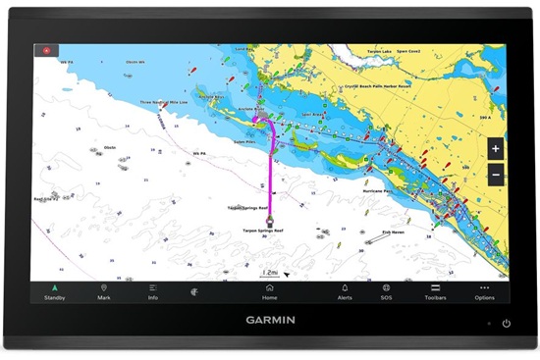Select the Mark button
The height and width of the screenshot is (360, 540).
pos(103,291)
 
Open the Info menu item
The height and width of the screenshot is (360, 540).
pos(153,291)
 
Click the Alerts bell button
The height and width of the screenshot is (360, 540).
pos(345,291)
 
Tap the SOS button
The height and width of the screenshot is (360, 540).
pos(387,291)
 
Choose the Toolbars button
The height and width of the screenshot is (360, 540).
pos(435,291)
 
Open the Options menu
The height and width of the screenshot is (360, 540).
pos(484,291)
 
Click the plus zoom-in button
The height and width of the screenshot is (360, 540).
pos(495,149)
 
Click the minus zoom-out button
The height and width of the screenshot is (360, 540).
pos(495,175)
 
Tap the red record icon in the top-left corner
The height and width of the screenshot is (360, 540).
pos(45,48)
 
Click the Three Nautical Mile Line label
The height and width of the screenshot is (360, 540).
pos(164,101)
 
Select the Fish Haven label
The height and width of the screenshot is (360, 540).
pos(394,233)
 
